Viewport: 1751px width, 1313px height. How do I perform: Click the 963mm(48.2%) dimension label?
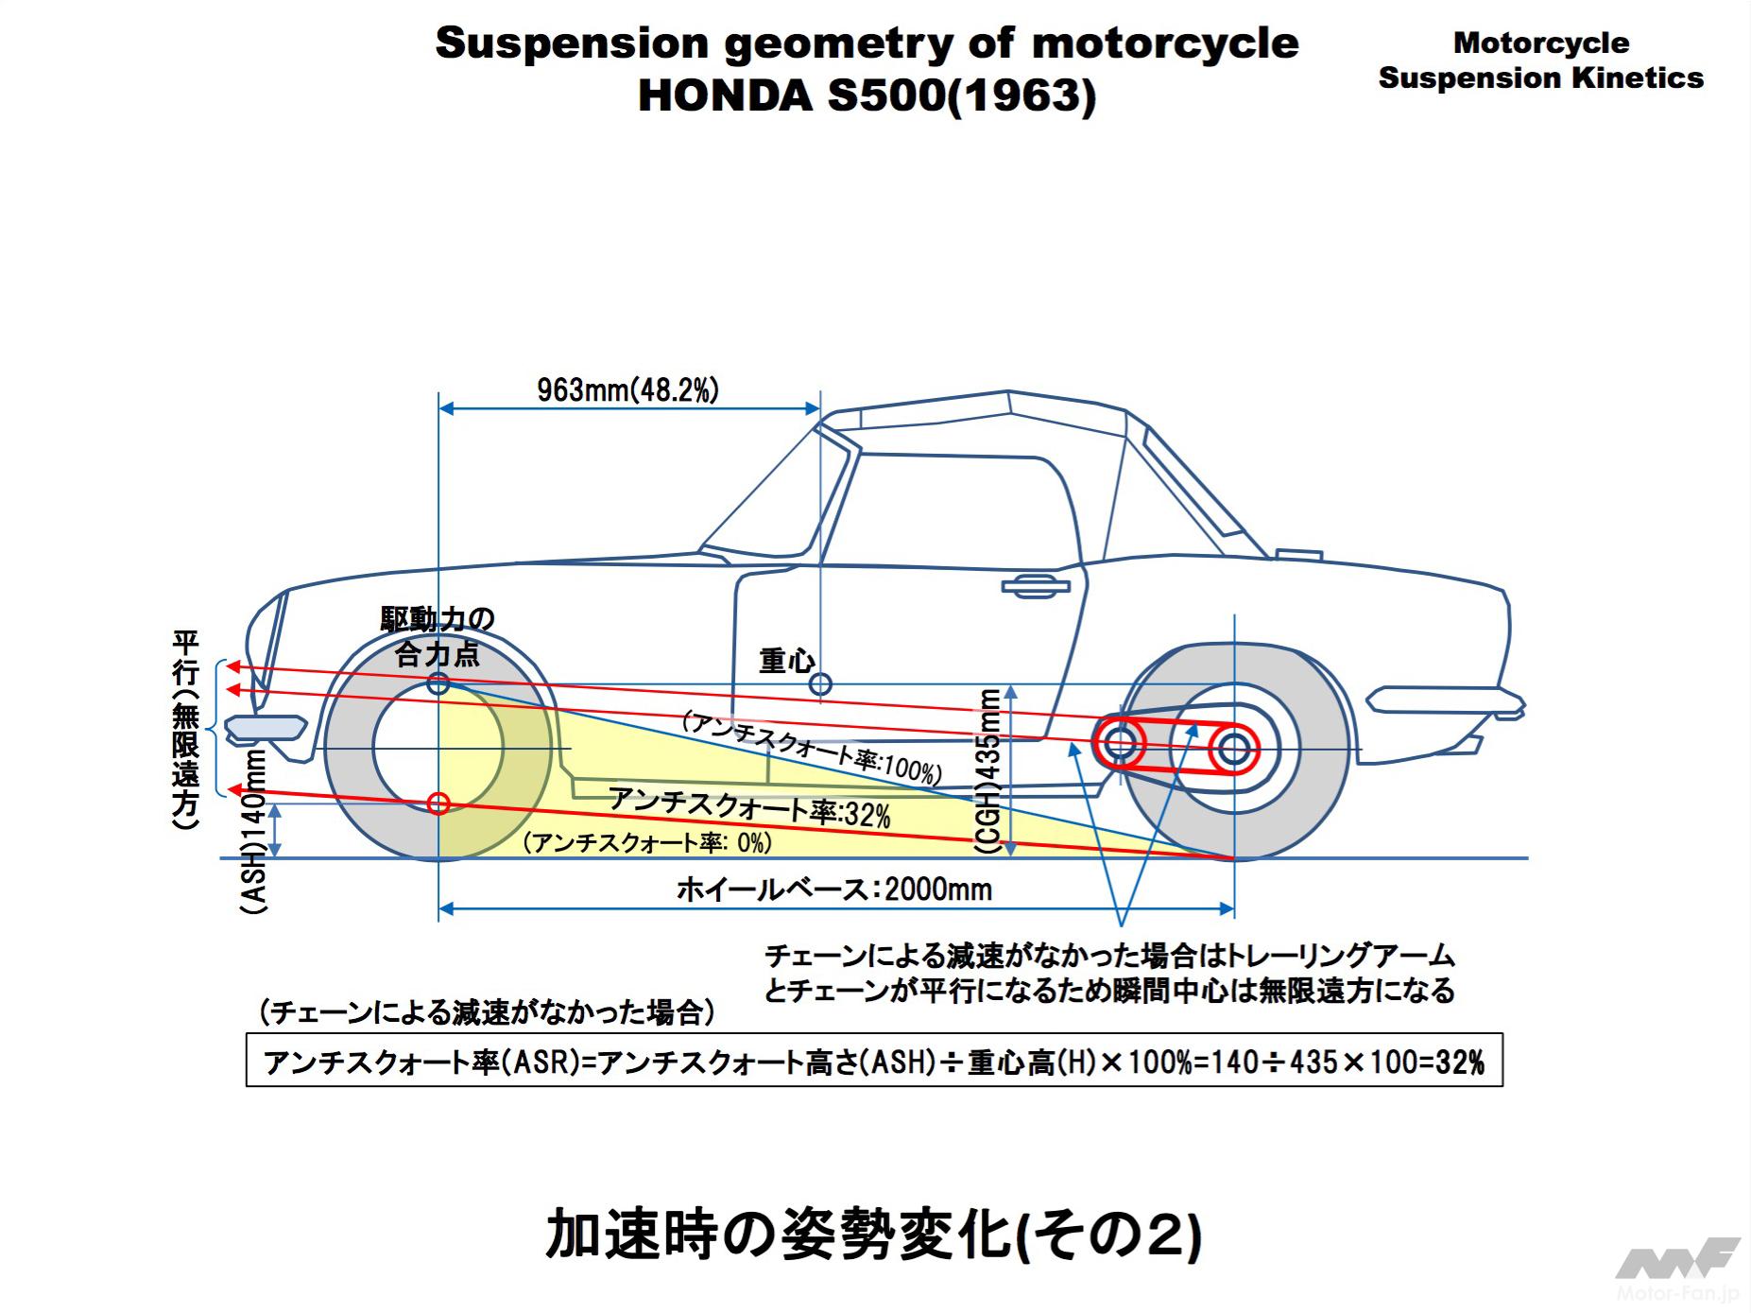coord(627,389)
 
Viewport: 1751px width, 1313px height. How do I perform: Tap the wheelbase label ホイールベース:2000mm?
coord(834,890)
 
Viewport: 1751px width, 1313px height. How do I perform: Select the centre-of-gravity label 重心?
coord(786,660)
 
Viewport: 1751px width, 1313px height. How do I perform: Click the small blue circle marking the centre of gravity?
coord(820,682)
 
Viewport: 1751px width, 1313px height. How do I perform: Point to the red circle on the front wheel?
coord(438,803)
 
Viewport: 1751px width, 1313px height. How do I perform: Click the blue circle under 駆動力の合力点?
coord(438,682)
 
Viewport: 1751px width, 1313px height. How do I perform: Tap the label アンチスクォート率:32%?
coord(749,807)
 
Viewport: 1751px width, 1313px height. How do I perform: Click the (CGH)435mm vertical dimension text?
coord(988,771)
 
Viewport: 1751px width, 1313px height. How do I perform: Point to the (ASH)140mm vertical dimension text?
coord(254,832)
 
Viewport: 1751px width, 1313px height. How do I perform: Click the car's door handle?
coord(1036,587)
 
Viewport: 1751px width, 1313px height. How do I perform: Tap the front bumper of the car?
coord(266,727)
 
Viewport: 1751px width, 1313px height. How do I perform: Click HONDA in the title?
coord(726,95)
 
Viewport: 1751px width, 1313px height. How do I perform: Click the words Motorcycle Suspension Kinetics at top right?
coord(1540,60)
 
